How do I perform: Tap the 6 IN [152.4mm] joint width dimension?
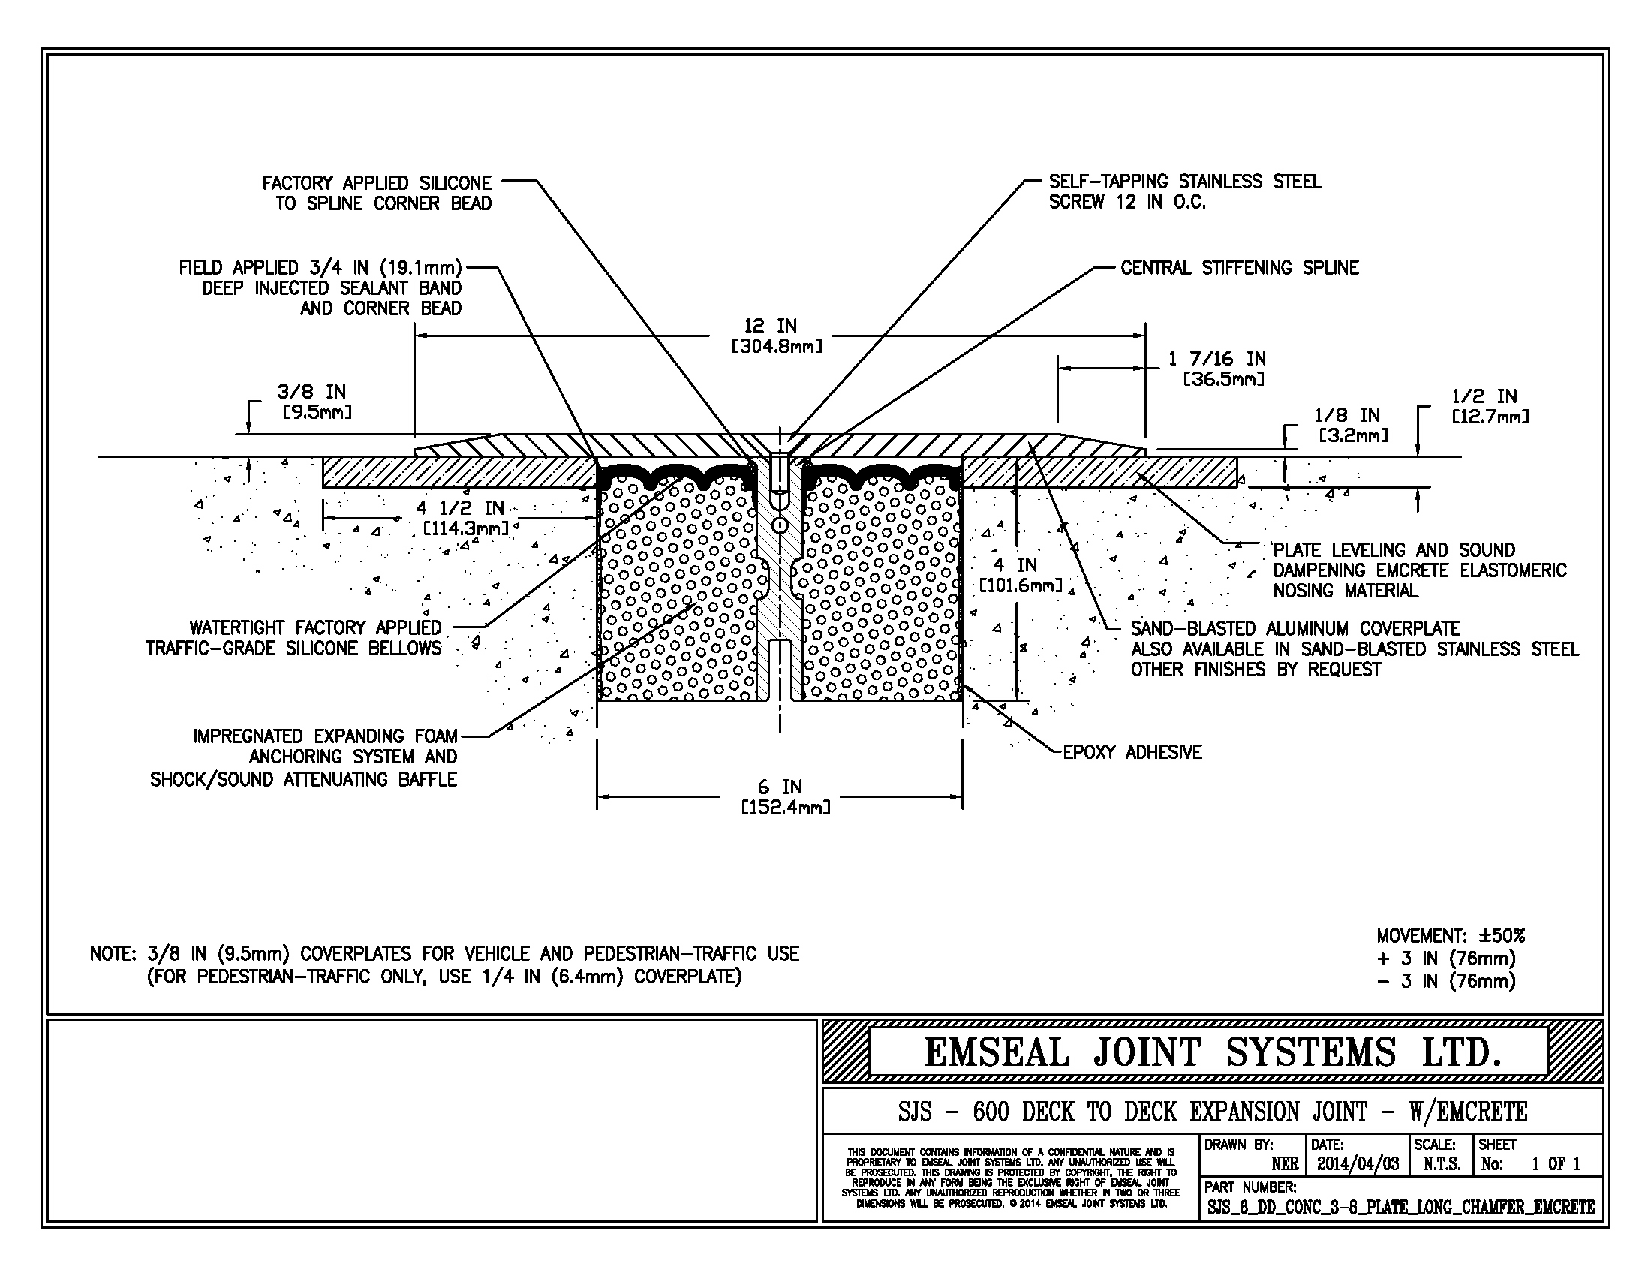click(x=785, y=796)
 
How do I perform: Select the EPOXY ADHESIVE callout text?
click(x=1132, y=752)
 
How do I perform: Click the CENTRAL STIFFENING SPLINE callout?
click(x=1239, y=269)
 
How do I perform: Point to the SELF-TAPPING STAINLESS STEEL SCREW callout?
click(x=1183, y=192)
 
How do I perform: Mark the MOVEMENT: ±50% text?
click(x=1450, y=936)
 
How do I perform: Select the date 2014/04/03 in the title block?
click(x=1358, y=1163)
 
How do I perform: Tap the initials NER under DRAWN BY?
click(x=1284, y=1164)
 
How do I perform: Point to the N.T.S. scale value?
click(x=1441, y=1164)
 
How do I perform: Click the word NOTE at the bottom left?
click(x=112, y=954)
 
